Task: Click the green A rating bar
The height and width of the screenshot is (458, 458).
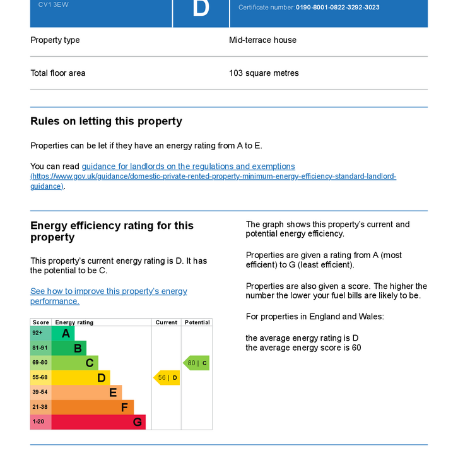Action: tap(63, 334)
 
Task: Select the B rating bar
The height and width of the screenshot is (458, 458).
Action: tap(69, 348)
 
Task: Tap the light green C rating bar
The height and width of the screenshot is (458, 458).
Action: tap(75, 363)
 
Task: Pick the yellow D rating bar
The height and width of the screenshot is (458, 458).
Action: tap(81, 378)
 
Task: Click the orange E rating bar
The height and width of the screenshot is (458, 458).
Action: tap(86, 392)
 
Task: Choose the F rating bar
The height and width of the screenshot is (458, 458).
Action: tap(93, 407)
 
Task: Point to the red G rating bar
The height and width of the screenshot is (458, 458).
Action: tap(98, 422)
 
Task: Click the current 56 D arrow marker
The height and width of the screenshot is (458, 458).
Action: tap(167, 378)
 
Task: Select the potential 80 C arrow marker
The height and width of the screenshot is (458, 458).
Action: tap(196, 363)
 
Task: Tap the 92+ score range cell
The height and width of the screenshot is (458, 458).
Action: tap(40, 333)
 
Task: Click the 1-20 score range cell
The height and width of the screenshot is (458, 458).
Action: tap(40, 422)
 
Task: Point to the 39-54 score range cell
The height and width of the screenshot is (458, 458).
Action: tap(40, 392)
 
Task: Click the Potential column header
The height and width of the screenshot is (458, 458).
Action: tap(197, 322)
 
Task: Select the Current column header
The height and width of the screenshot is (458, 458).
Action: tap(167, 322)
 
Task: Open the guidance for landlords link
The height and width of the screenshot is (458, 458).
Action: tap(188, 167)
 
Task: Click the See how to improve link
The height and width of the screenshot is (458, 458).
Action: tap(109, 291)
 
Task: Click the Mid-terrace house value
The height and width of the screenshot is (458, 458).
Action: tap(262, 40)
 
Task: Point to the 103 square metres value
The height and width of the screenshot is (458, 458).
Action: tap(264, 73)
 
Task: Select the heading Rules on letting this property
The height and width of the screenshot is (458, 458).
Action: tap(106, 121)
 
